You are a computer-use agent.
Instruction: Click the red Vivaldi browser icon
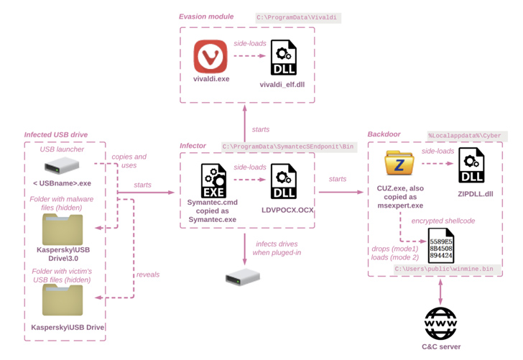point(210,56)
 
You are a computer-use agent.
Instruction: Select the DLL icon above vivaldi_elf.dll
point(283,57)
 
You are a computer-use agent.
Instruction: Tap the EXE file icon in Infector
point(213,180)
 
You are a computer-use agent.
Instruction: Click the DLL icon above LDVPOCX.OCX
point(283,181)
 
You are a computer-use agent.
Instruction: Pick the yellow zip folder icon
point(399,164)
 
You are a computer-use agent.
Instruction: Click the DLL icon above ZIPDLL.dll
point(471,165)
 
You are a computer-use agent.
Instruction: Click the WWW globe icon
point(440,323)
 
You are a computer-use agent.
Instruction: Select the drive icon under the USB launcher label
point(62,166)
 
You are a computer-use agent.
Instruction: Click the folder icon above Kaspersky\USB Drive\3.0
point(63,229)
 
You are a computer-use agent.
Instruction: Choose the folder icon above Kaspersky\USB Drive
point(63,300)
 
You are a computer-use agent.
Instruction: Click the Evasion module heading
point(206,17)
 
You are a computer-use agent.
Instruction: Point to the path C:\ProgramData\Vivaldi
point(297,17)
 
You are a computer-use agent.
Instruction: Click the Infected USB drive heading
point(56,134)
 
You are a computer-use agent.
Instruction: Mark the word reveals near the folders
point(148,274)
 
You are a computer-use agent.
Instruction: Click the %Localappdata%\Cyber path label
point(465,135)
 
